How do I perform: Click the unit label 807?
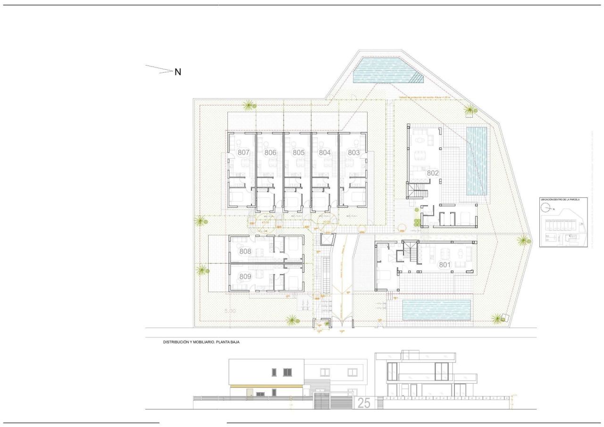point(243,152)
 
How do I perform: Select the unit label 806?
point(270,152)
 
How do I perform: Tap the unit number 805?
point(298,152)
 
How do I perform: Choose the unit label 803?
point(354,152)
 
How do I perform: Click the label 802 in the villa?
point(433,173)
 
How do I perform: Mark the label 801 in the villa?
point(445,265)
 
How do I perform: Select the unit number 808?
point(245,251)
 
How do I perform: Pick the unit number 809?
point(245,277)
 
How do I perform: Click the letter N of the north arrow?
point(178,72)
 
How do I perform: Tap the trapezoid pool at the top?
point(385,71)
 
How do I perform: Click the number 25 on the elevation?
point(364,403)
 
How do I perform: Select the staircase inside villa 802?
point(418,192)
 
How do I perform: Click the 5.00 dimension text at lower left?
point(230,311)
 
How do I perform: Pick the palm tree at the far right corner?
point(523,241)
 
